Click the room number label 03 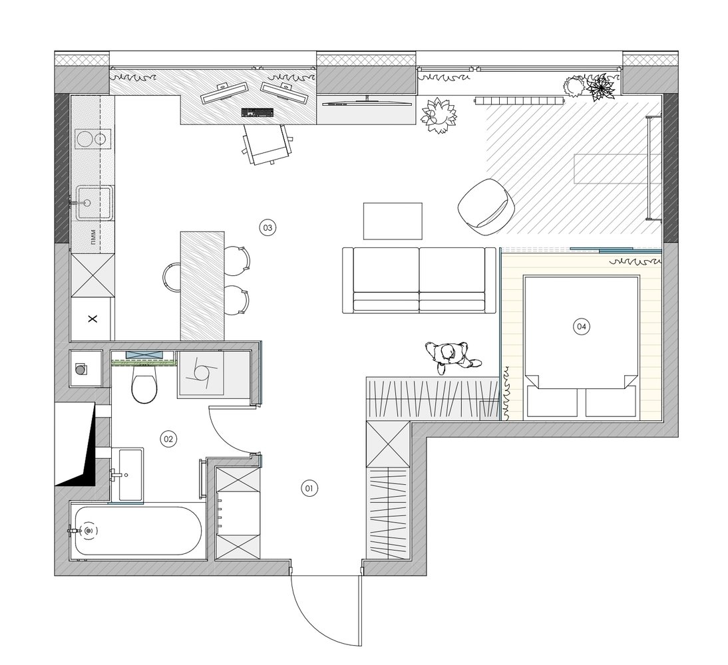[x=268, y=227]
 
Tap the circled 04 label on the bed [x=582, y=327]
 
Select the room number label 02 [x=168, y=439]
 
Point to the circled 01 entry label [x=309, y=488]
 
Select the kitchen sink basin [x=94, y=202]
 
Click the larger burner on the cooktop [x=85, y=139]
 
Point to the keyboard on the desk [x=258, y=112]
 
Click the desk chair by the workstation [x=268, y=144]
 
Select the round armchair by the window [x=486, y=203]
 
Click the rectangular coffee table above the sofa [x=393, y=221]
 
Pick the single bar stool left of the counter [x=171, y=277]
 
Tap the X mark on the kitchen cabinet [x=93, y=319]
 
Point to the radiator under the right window [x=518, y=100]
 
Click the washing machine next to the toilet [x=201, y=374]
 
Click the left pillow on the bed [x=552, y=402]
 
